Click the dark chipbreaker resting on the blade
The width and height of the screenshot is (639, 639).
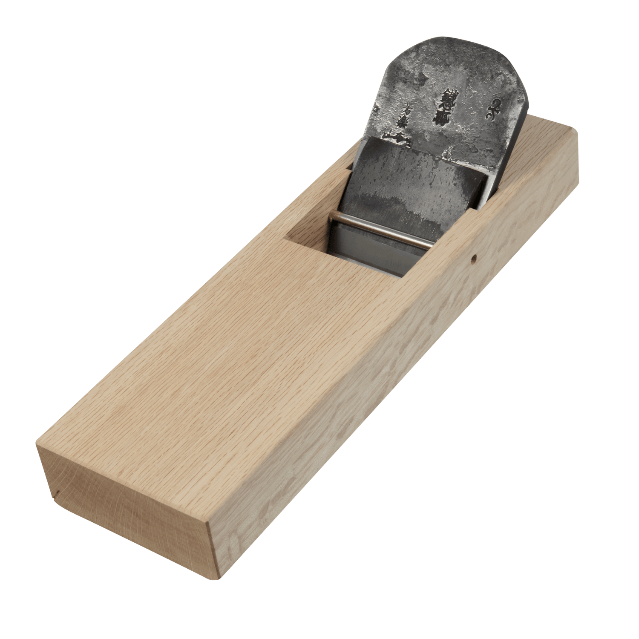pyautogui.click(x=409, y=179)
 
